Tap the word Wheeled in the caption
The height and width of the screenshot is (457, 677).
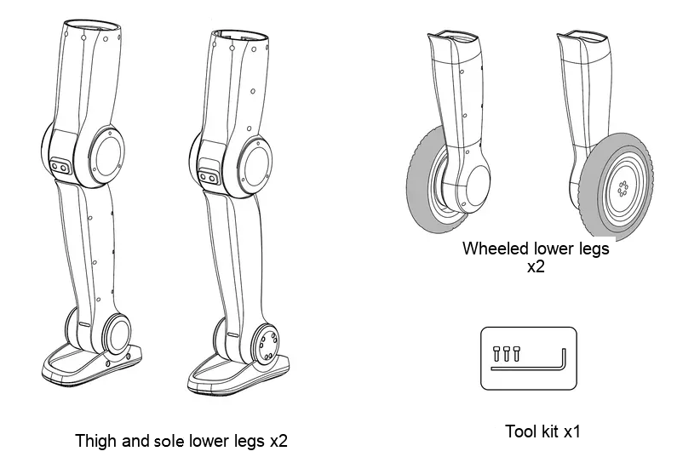[x=496, y=248]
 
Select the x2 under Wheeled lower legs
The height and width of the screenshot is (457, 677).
[x=536, y=267]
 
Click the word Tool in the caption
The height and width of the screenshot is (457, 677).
[x=519, y=431]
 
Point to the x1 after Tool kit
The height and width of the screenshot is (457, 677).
[x=572, y=431]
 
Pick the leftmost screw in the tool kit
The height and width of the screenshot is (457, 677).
[x=496, y=353]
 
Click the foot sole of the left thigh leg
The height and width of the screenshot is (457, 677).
[x=91, y=367]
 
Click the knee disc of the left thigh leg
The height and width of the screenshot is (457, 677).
[x=106, y=156]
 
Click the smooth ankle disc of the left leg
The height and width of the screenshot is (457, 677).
[x=118, y=334]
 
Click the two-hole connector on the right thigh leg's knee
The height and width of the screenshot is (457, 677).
[x=208, y=177]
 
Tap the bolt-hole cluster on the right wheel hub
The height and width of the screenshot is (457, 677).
[x=622, y=189]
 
